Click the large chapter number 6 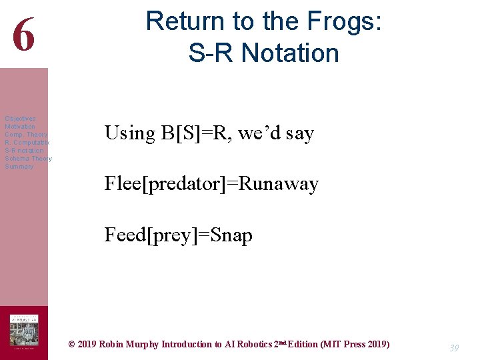(23, 35)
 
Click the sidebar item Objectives (20, 119)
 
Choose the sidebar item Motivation (20, 127)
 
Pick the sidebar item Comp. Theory (26, 135)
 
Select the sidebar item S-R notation (24, 151)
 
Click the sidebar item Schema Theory (28, 159)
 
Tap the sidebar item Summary (19, 167)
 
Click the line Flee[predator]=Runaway (211, 184)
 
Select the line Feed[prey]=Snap (178, 235)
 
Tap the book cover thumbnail (23, 331)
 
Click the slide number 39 (454, 348)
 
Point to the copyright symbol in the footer (72, 345)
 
